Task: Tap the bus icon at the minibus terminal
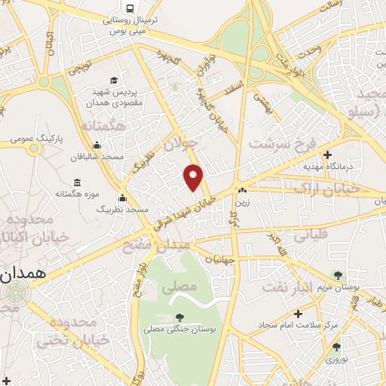[131, 9]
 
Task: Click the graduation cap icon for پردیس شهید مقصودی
[113, 80]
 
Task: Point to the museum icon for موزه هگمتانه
[78, 182]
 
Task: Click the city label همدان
[23, 275]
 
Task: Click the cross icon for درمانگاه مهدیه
[326, 155]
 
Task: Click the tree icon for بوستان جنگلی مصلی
[178, 317]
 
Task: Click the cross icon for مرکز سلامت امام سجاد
[299, 314]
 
